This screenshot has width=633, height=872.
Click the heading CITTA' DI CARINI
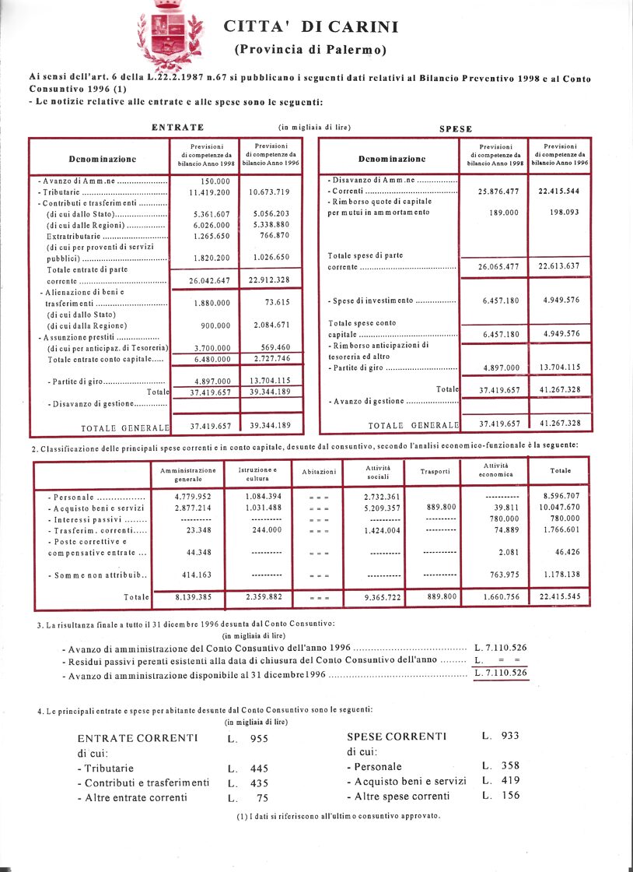(x=311, y=27)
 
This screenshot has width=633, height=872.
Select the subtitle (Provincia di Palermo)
(x=310, y=50)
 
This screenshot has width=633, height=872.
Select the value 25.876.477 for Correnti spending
(x=494, y=191)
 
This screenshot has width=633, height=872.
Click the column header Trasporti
(x=435, y=471)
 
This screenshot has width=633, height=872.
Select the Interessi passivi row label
(x=97, y=519)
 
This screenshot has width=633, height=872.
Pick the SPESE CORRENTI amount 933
(x=509, y=735)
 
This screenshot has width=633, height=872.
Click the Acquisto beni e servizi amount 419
(x=509, y=780)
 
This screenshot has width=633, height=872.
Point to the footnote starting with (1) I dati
(x=337, y=816)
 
